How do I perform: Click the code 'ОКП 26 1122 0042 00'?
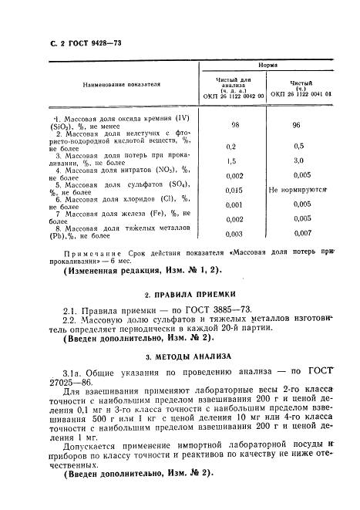coord(232,96)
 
